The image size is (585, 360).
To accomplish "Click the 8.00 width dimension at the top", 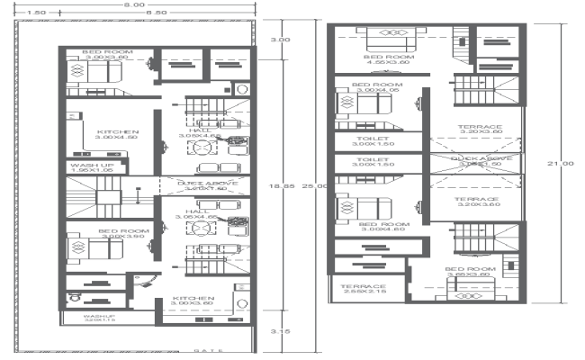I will pos(134,4).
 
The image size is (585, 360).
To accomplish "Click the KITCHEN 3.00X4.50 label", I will pos(116,135).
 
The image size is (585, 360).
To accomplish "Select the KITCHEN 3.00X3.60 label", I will pos(194,301).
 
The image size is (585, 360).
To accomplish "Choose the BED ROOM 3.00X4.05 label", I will pos(378,87).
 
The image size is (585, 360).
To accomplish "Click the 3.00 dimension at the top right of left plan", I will pos(281,40).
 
